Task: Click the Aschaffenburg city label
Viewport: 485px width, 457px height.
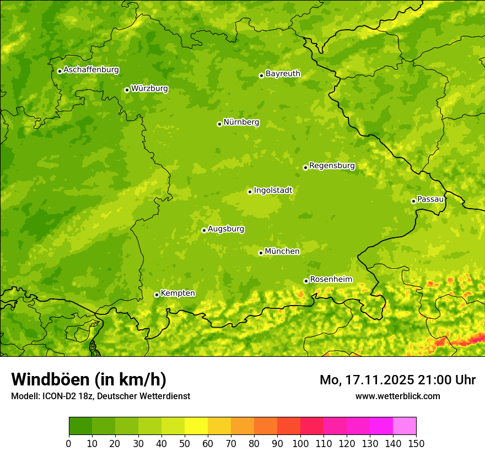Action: click(91, 70)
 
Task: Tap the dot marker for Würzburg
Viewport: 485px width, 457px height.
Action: click(127, 90)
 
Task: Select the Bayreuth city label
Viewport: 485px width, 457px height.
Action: click(283, 74)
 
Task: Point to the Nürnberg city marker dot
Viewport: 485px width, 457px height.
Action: click(219, 124)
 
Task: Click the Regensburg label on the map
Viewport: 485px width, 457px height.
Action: click(332, 166)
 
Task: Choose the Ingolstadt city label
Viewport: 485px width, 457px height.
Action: click(273, 191)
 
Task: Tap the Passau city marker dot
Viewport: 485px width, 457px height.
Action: click(413, 201)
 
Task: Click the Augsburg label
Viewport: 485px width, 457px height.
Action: click(226, 229)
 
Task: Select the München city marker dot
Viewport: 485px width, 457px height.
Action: click(261, 253)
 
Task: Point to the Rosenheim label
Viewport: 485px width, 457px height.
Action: click(331, 280)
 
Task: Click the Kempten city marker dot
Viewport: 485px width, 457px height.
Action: click(157, 295)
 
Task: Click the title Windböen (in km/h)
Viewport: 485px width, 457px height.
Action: click(89, 379)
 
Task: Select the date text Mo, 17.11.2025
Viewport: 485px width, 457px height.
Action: click(367, 380)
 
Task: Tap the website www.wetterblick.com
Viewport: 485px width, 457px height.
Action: click(397, 396)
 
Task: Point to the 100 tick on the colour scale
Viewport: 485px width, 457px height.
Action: click(300, 443)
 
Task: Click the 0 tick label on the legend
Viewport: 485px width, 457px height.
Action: click(69, 443)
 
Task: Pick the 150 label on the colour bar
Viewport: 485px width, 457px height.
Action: click(416, 443)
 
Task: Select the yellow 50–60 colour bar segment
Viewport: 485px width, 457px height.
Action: click(196, 426)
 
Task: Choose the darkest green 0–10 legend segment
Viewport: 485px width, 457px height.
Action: click(80, 426)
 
